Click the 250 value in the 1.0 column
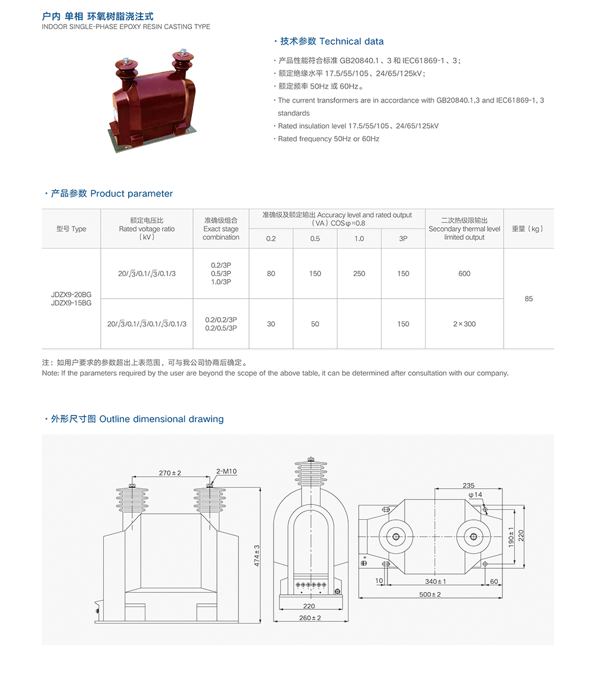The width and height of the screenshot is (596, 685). tap(359, 274)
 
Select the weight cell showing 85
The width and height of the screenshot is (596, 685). tap(528, 299)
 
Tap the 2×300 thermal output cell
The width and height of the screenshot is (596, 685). tap(464, 324)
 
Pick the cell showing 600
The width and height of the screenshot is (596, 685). tap(464, 274)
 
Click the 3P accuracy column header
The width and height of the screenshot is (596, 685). tap(403, 238)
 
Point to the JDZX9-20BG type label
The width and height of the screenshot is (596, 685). tap(71, 295)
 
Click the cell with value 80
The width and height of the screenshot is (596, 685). tap(271, 274)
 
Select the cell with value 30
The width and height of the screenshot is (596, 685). tap(271, 324)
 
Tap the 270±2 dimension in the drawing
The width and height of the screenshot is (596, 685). tap(170, 473)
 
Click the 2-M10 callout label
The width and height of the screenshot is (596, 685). tap(226, 472)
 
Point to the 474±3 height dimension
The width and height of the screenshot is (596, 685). tap(257, 555)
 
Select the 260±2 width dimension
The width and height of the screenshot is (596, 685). tap(310, 618)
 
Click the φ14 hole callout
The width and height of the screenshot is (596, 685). tap(475, 495)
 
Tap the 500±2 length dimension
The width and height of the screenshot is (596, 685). tap(430, 594)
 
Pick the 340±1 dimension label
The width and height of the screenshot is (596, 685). tap(436, 581)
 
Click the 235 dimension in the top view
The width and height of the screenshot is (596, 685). tap(468, 485)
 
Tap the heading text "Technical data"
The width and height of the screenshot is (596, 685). tap(352, 41)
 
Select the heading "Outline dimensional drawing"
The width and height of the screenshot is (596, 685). tap(162, 419)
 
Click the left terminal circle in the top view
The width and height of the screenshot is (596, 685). tap(396, 537)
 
